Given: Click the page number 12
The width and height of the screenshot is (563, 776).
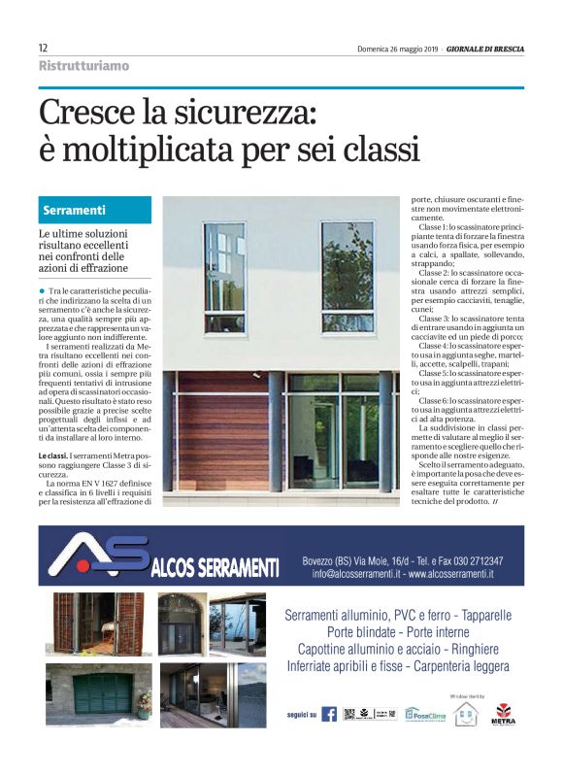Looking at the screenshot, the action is click(x=43, y=48).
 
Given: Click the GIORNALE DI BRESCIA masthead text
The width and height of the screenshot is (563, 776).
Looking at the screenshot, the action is click(x=485, y=49).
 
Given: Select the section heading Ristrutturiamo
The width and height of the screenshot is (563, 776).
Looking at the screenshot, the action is click(x=83, y=66).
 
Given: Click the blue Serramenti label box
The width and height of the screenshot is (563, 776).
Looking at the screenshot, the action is click(x=95, y=210).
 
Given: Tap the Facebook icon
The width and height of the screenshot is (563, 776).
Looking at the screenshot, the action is click(x=329, y=714).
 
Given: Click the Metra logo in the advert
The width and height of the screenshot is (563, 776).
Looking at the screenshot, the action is click(x=504, y=714).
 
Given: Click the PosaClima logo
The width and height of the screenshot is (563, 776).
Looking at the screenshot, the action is click(x=424, y=714).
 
